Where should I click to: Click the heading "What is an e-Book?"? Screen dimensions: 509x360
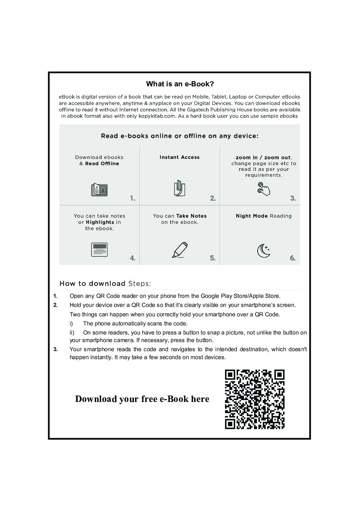coord(180,84)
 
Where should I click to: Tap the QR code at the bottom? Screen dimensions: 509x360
coord(254,399)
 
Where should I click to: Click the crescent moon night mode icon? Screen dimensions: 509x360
coord(263,250)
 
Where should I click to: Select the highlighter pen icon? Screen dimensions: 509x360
coord(180,250)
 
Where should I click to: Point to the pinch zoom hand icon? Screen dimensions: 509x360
coord(263,189)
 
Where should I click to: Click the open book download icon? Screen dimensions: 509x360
coord(99,190)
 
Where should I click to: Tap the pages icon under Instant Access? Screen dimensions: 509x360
coord(179,188)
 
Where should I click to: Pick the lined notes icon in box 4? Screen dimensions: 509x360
coord(99,250)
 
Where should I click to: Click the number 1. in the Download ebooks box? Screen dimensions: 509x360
coord(133,198)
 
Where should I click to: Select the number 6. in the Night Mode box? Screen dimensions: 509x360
coord(292,258)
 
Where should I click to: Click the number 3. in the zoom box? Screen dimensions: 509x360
coord(292,198)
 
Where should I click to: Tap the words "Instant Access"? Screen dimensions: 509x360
coord(179,157)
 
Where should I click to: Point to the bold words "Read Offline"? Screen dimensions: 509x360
coord(102,164)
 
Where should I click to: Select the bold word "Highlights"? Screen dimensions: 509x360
coord(100,222)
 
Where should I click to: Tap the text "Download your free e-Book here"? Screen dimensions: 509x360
coord(142,399)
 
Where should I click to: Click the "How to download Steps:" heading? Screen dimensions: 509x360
coord(105,283)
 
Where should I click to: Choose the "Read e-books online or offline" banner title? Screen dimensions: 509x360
coord(179,136)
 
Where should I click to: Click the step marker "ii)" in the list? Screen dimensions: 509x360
coord(72,332)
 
